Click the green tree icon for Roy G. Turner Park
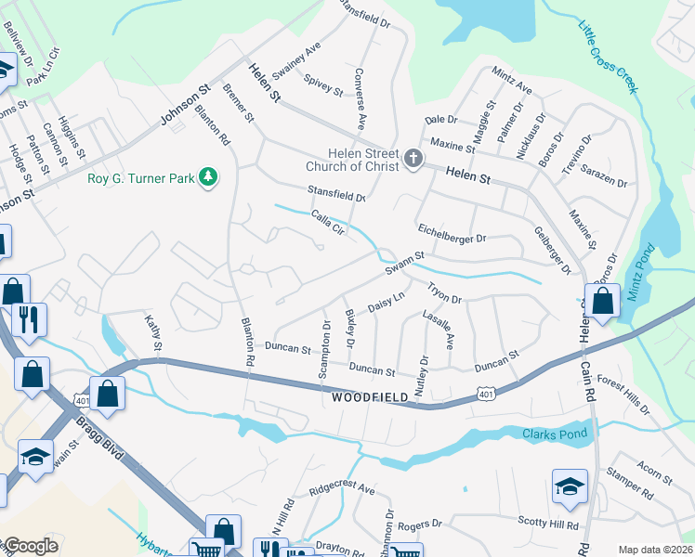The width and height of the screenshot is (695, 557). tap(209, 176)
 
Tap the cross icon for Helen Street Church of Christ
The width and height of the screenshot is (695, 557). tap(413, 160)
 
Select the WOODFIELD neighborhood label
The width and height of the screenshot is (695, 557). tap(370, 397)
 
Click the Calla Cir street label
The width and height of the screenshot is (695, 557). tap(328, 225)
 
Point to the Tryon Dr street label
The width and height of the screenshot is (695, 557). tap(444, 293)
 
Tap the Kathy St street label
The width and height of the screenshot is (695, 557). tap(152, 335)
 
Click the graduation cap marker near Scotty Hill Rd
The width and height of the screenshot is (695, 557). tap(570, 486)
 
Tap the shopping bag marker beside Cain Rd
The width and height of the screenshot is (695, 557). tap(603, 302)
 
